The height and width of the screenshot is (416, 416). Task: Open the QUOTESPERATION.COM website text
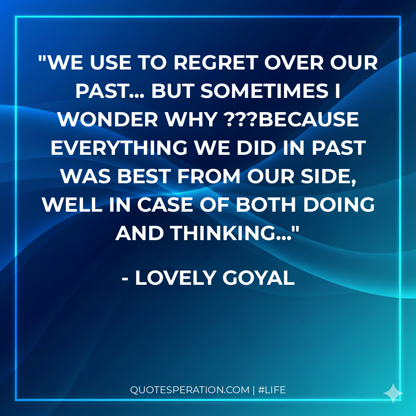[189, 390]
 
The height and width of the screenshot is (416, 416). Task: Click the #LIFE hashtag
[272, 390]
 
